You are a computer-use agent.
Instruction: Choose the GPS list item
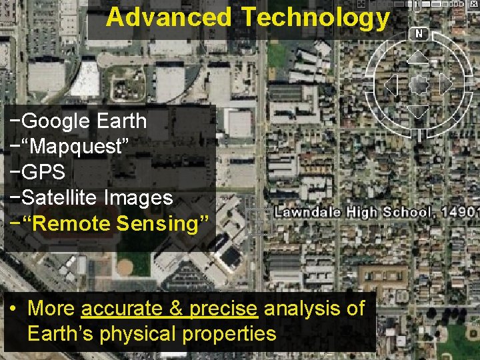43,172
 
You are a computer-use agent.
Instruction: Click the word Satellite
59,197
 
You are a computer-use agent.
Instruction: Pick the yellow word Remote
74,223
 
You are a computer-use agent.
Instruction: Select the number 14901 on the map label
461,213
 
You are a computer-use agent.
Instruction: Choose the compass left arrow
391,85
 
